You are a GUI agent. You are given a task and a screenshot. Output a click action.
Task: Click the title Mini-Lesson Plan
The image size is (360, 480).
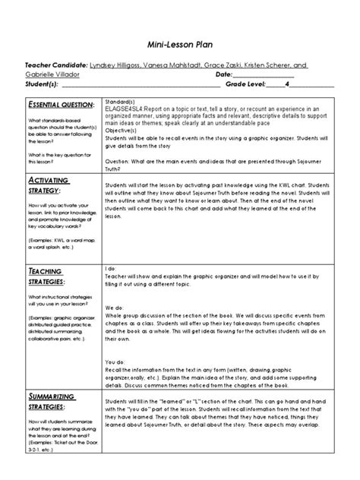point(180,45)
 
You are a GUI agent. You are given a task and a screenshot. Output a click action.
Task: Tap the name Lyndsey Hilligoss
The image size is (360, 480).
point(118,66)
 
